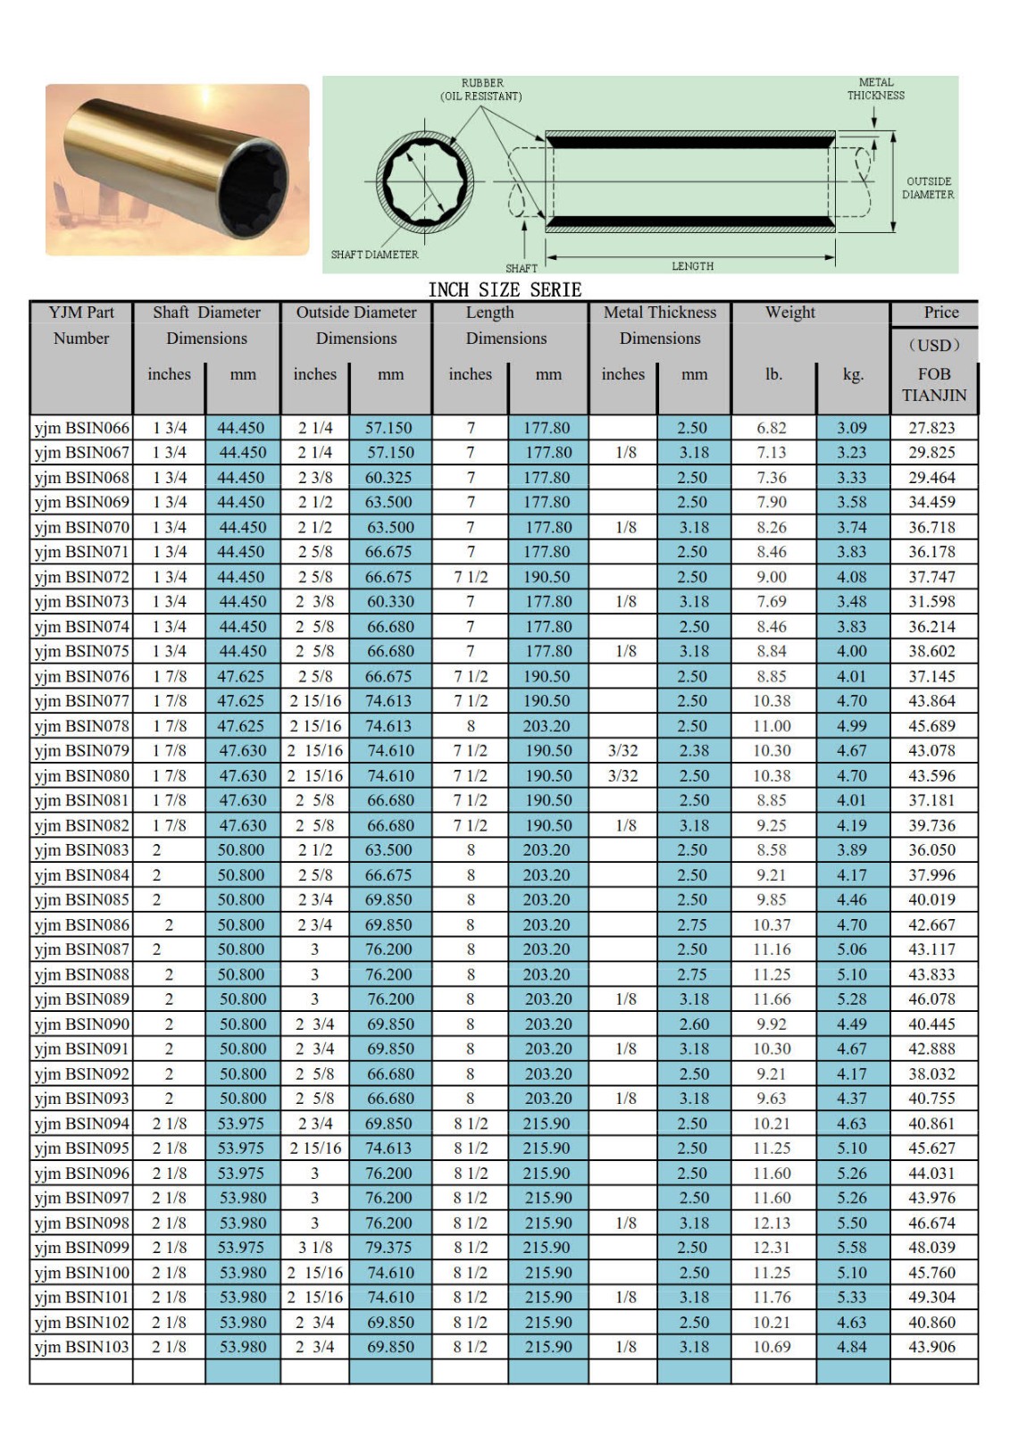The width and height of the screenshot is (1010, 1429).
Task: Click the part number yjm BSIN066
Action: (x=81, y=428)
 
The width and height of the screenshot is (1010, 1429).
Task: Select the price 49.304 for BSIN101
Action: (x=931, y=1297)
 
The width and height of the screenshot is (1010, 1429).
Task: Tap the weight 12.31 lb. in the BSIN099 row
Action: (x=772, y=1248)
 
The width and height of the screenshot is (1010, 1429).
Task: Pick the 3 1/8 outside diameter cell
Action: (x=315, y=1248)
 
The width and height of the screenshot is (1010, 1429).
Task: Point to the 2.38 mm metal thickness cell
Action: (x=694, y=751)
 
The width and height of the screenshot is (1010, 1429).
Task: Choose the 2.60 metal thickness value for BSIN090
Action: (x=694, y=1024)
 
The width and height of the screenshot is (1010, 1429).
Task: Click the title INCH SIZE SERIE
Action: (x=505, y=290)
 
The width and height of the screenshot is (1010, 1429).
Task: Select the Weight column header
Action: (x=789, y=313)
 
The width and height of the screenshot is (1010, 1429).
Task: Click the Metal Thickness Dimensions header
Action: (x=660, y=325)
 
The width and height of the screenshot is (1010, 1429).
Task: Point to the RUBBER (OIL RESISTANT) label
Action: (x=482, y=89)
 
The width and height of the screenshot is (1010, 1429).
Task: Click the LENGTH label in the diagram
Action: (x=692, y=266)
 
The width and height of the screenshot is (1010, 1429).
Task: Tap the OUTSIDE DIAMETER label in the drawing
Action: (x=928, y=188)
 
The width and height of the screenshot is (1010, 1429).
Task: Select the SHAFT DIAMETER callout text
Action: (x=374, y=255)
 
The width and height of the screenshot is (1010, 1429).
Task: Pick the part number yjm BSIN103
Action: (x=81, y=1347)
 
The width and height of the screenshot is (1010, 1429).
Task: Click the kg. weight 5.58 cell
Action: (x=852, y=1248)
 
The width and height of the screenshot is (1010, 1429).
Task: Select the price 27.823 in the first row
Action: (x=931, y=428)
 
